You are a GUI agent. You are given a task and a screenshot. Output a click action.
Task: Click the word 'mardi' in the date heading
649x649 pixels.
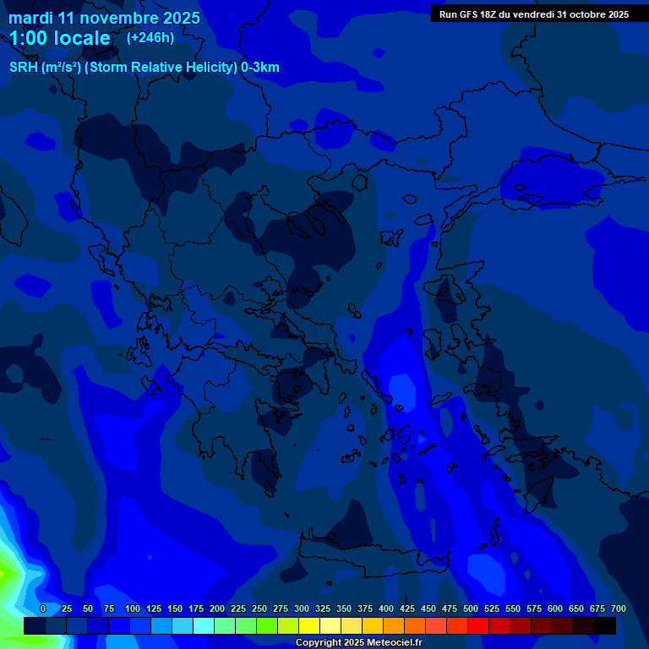31,18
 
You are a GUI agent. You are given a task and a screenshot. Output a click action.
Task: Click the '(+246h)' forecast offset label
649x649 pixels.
150,37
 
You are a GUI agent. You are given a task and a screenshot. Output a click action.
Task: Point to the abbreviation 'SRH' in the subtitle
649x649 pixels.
24,68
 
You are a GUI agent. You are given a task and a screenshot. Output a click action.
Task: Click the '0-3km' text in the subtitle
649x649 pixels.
260,68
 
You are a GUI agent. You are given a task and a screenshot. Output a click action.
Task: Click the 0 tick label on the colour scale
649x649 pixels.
43,609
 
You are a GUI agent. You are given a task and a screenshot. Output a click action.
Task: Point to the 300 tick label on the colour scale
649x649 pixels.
302,609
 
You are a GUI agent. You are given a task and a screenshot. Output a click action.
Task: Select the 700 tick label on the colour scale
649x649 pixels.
618,609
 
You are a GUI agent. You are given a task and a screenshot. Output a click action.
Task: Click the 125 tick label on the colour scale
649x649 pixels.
154,609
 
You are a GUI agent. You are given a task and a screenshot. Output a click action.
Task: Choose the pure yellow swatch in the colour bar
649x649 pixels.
309,626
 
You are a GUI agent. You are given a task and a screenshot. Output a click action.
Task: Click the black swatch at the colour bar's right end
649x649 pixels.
605,626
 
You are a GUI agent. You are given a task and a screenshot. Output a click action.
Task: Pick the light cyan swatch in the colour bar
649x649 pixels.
204,626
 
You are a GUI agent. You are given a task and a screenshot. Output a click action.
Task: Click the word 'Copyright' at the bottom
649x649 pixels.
319,643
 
